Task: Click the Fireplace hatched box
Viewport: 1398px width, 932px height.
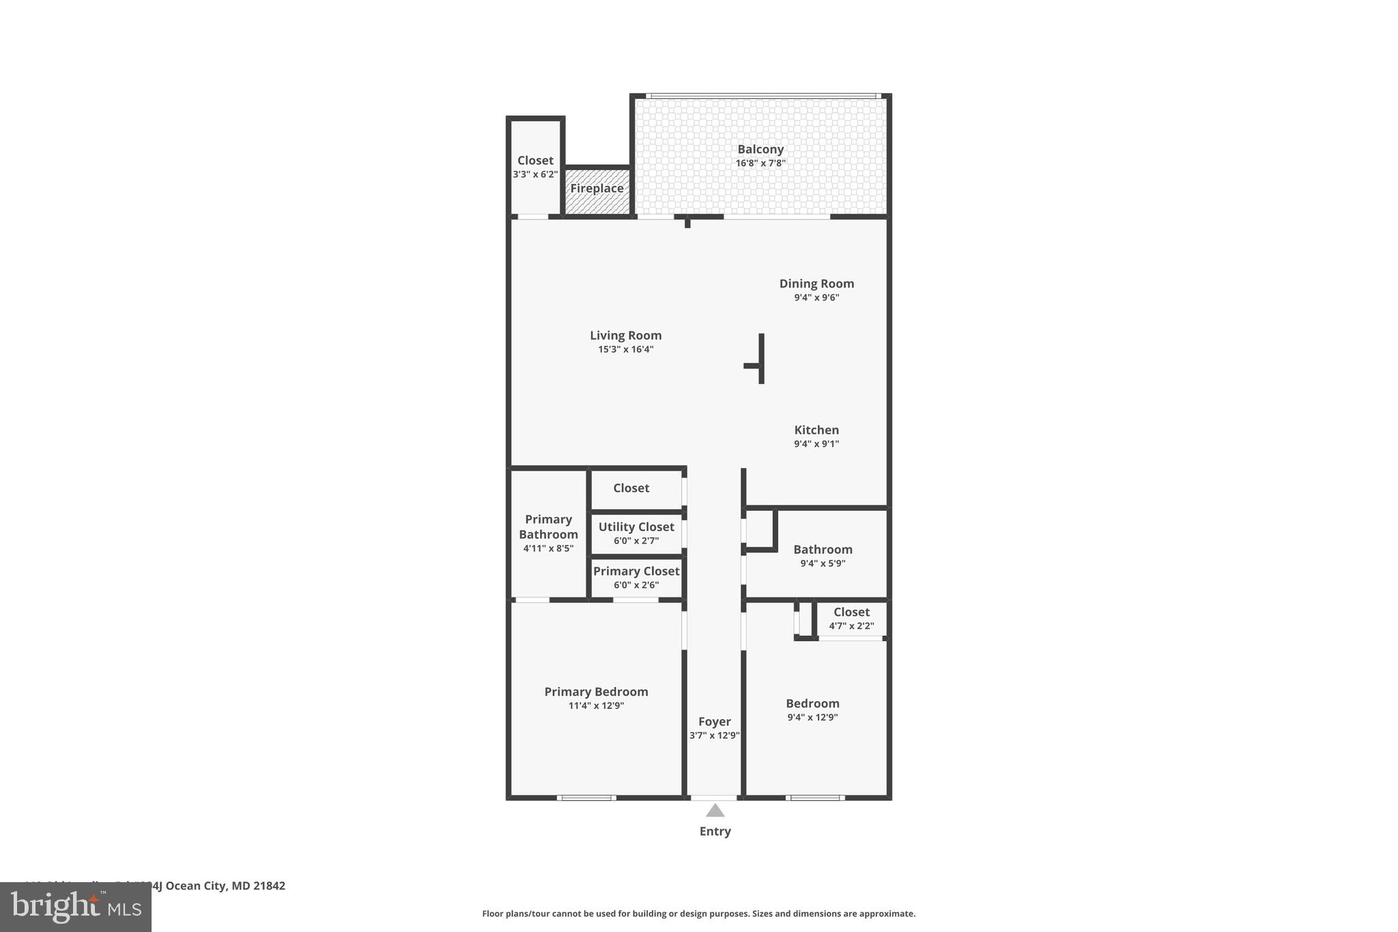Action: click(x=597, y=190)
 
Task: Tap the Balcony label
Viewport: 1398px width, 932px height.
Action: click(x=760, y=150)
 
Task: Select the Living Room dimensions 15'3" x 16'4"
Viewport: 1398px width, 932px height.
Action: click(x=625, y=350)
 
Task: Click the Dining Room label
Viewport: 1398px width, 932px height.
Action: click(x=816, y=283)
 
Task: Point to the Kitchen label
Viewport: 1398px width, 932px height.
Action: click(x=816, y=430)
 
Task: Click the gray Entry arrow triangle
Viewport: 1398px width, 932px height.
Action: click(x=715, y=811)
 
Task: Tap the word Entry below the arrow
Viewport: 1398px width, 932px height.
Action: click(x=715, y=832)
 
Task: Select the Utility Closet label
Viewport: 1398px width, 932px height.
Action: click(x=636, y=527)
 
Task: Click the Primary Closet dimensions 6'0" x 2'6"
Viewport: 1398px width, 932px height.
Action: click(x=636, y=585)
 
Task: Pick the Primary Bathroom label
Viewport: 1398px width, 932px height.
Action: click(x=548, y=527)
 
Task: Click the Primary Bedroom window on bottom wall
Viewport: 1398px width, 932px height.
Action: click(x=586, y=797)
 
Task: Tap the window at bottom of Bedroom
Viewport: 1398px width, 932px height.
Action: click(x=815, y=797)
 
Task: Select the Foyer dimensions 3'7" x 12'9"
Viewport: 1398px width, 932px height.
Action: click(x=714, y=736)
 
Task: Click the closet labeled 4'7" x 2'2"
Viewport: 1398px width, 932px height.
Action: click(x=851, y=619)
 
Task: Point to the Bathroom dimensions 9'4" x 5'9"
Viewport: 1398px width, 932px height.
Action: click(x=823, y=564)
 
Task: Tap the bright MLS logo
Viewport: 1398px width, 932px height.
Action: click(x=76, y=907)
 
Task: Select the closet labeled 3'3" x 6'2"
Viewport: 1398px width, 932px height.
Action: click(x=535, y=167)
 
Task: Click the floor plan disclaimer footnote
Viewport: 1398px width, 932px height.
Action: click(x=698, y=914)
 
